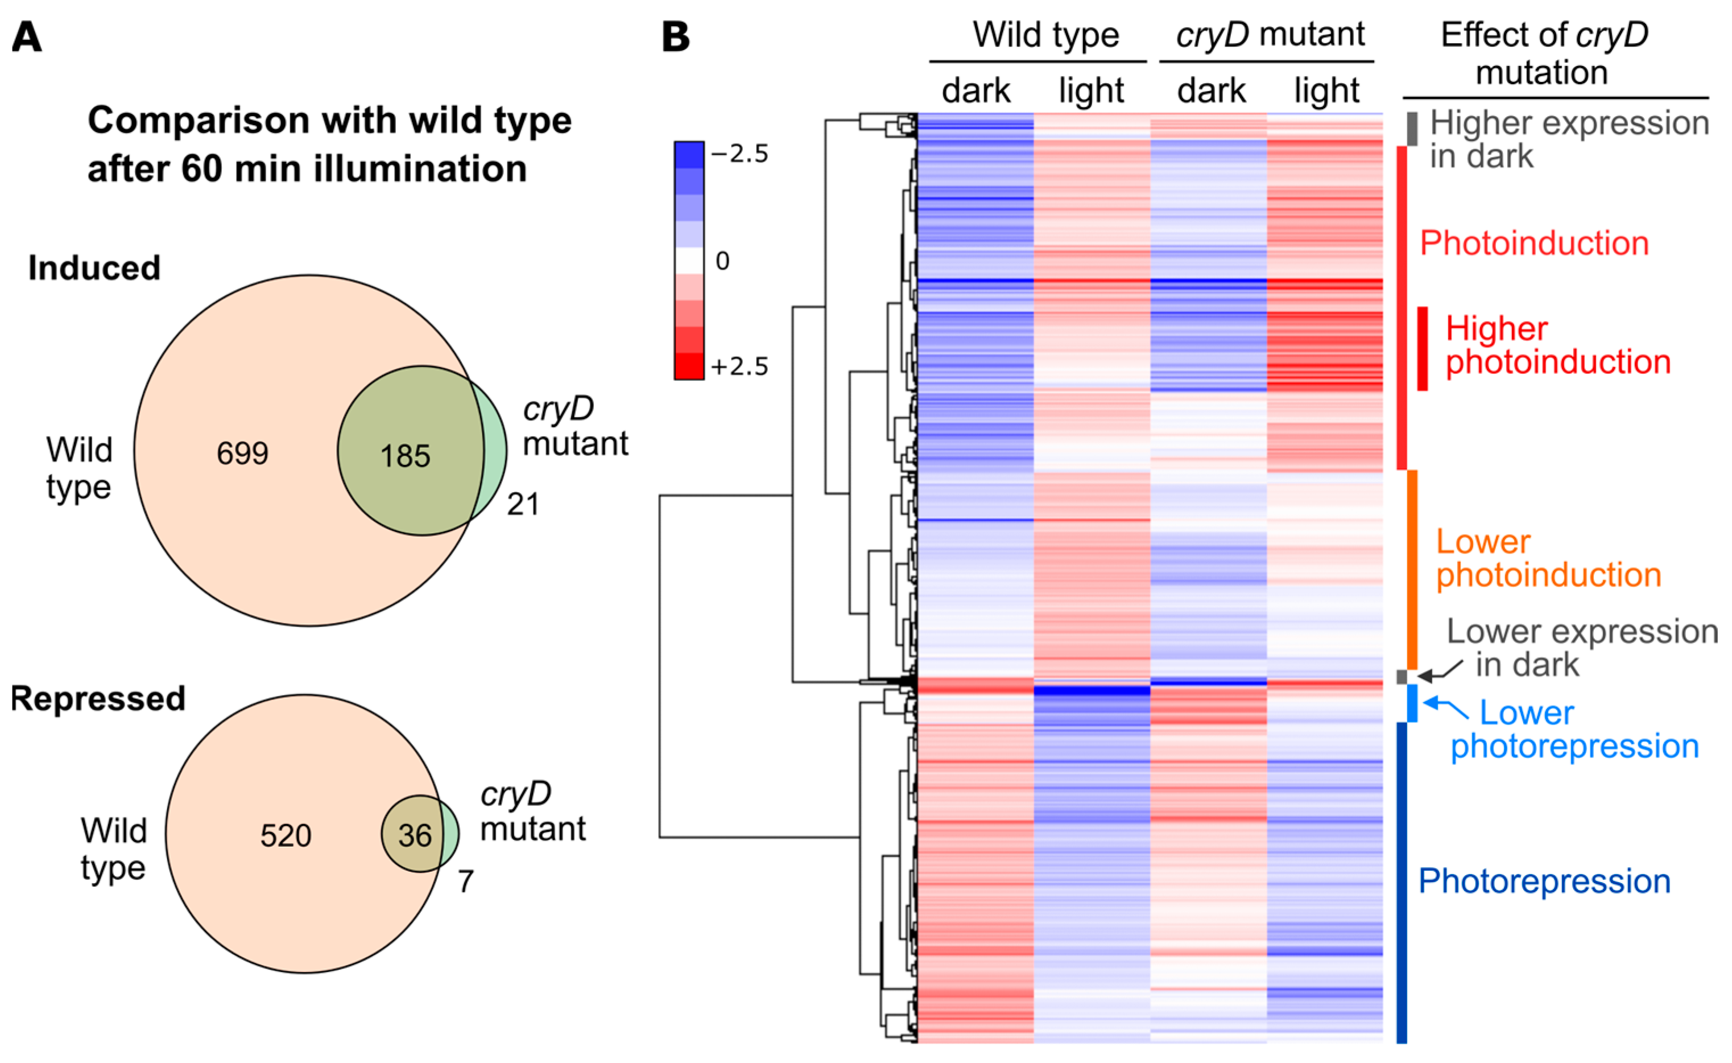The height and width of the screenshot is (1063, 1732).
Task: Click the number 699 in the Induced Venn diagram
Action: point(242,454)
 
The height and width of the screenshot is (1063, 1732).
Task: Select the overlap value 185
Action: point(406,456)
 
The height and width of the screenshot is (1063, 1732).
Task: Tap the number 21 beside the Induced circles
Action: point(523,504)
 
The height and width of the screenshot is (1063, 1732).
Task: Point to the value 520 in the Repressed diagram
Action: point(286,836)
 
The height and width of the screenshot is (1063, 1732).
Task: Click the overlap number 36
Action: point(415,836)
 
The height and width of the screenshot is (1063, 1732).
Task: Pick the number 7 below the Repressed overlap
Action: point(465,881)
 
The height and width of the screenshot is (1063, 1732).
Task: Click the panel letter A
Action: point(27,36)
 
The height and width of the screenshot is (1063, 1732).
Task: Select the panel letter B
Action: point(676,36)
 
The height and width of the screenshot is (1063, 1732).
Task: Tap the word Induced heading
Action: point(94,268)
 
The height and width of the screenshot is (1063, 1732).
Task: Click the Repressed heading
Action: point(98,699)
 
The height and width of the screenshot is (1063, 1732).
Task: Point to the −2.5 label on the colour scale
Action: point(740,153)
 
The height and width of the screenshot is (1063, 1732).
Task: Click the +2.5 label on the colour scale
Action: point(739,366)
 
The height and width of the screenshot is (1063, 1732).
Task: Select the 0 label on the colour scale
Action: point(722,261)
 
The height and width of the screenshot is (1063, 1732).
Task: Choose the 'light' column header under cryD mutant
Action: point(1326,90)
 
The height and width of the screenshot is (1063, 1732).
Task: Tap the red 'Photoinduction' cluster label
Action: point(1534,243)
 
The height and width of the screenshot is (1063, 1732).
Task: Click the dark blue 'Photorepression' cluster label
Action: point(1544,881)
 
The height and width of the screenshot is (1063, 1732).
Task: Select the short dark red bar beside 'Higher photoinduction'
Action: point(1422,348)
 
